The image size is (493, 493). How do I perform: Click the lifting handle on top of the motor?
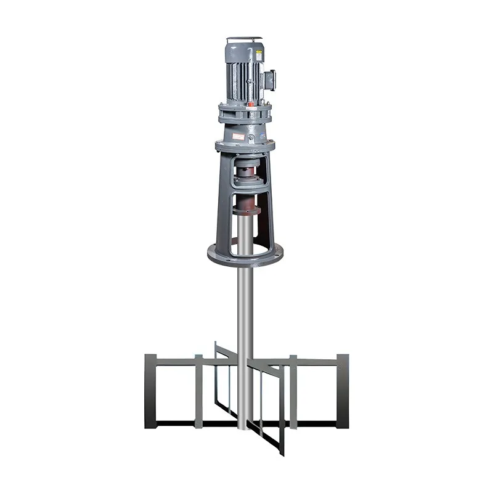[x=244, y=39]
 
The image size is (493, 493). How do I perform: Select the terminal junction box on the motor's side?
[x=270, y=79]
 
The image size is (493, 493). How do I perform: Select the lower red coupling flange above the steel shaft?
[x=245, y=210]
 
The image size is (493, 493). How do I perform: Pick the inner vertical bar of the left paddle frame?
[x=198, y=391]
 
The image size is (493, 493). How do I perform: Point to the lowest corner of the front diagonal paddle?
[x=282, y=453]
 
